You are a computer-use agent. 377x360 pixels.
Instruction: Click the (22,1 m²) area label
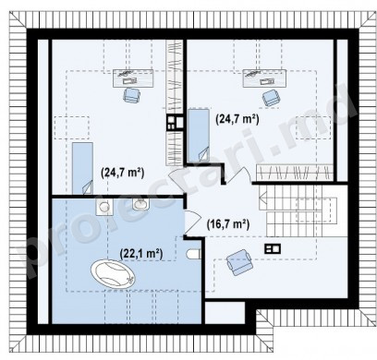click(x=141, y=254)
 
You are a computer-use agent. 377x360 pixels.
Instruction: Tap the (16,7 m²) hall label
click(x=227, y=224)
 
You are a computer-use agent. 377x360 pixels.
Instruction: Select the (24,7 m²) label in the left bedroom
click(x=123, y=173)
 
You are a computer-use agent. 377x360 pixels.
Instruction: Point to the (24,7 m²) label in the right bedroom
click(x=237, y=118)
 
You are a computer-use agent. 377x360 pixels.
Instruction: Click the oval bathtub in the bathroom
click(x=113, y=274)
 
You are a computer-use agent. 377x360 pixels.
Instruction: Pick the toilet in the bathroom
click(x=194, y=254)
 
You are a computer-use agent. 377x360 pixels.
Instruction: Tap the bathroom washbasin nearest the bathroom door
click(x=141, y=204)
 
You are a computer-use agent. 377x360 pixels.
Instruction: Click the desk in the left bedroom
click(x=133, y=78)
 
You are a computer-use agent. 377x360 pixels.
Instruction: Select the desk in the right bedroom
click(x=264, y=78)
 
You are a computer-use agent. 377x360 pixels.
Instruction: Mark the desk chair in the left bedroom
click(x=132, y=95)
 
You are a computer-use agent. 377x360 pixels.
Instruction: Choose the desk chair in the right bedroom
click(x=272, y=97)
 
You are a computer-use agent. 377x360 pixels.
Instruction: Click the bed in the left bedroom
click(x=82, y=168)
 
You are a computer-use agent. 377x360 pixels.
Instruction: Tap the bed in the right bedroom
click(x=199, y=136)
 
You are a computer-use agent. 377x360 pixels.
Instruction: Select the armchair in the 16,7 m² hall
click(x=239, y=262)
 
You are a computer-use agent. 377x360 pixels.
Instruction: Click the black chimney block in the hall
click(x=273, y=248)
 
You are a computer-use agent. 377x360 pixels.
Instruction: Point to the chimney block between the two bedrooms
click(x=175, y=123)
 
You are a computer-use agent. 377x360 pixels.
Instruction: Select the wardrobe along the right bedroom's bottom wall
click(x=295, y=173)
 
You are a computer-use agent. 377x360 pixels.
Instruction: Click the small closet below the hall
click(x=225, y=312)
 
